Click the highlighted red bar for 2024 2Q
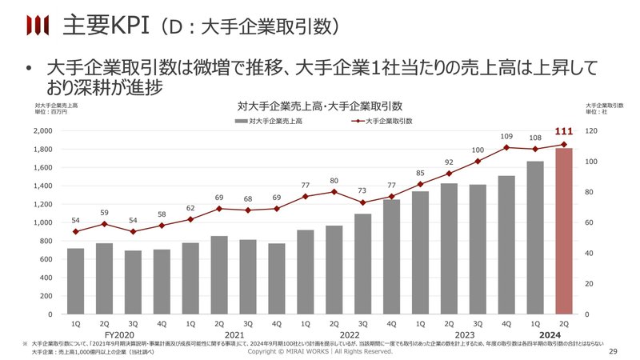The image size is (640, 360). pyautogui.click(x=564, y=231)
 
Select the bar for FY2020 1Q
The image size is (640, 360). pyautogui.click(x=75, y=281)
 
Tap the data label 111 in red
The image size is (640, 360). pyautogui.click(x=564, y=131)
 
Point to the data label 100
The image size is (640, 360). pyautogui.click(x=478, y=150)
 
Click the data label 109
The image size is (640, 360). pyautogui.click(x=506, y=136)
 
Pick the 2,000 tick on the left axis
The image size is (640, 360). pyautogui.click(x=42, y=130)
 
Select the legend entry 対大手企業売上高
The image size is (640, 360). pyautogui.click(x=268, y=121)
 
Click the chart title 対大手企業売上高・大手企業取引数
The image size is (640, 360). pyautogui.click(x=319, y=106)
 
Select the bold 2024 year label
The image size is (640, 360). pyautogui.click(x=550, y=334)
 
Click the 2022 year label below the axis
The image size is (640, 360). pyautogui.click(x=349, y=334)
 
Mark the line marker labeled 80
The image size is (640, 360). pyautogui.click(x=334, y=192)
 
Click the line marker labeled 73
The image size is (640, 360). pyautogui.click(x=363, y=202)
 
